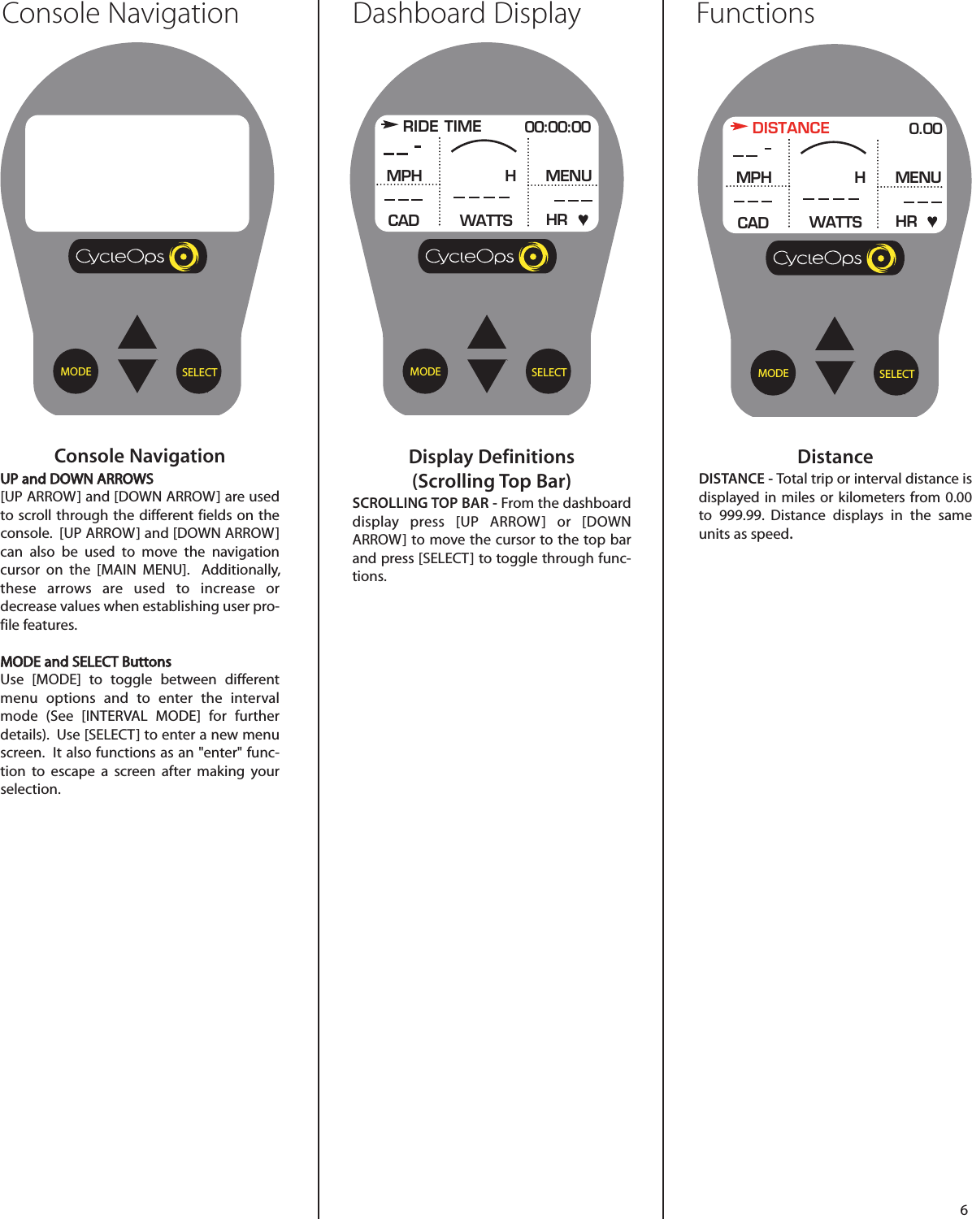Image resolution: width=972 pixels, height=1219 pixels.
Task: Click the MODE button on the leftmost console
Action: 76,371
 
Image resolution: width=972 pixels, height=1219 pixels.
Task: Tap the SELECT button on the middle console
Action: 549,372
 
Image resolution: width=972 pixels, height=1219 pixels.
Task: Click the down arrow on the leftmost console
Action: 137,375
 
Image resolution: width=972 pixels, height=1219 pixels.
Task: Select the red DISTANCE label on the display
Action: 790,128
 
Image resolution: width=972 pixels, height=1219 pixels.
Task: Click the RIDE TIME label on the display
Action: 441,126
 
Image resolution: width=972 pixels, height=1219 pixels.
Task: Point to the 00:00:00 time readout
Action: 558,127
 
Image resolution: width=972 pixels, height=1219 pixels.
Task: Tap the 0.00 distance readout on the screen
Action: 925,128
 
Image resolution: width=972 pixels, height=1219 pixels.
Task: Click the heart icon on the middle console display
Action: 583,219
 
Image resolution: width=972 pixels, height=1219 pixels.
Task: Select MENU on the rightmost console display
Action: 918,177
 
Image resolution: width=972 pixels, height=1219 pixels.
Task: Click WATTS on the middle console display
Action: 486,220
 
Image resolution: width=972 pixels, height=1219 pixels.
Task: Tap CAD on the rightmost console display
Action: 753,223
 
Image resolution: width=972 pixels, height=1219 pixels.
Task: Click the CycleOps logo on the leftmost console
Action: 137,257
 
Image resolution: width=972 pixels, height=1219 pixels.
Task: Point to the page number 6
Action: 964,1209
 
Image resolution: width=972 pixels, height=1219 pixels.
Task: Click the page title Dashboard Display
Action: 466,14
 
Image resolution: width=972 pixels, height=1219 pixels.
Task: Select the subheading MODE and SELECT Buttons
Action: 86,662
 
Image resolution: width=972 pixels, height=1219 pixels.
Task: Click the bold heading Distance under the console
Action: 835,457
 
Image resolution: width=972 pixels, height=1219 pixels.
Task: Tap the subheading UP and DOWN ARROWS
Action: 77,479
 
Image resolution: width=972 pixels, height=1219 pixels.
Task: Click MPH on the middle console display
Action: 404,176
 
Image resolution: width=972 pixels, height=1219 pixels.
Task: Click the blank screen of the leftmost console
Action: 137,172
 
